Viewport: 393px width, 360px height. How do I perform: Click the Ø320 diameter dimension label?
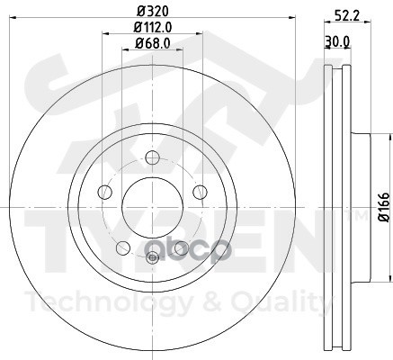coord(153,12)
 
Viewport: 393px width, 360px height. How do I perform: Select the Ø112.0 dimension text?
coord(153,28)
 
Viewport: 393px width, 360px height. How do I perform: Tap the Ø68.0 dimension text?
coord(153,43)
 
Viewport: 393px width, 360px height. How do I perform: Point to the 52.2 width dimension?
coord(346,15)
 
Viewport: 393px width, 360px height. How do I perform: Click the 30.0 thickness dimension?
coord(337,42)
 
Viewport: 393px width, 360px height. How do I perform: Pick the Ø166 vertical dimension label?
coord(384,207)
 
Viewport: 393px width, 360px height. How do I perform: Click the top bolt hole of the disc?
coord(152,157)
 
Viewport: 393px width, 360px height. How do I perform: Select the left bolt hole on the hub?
coord(104,192)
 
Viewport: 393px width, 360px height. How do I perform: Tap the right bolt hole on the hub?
coord(200,192)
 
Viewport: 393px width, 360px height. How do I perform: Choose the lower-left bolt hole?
coord(123,247)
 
